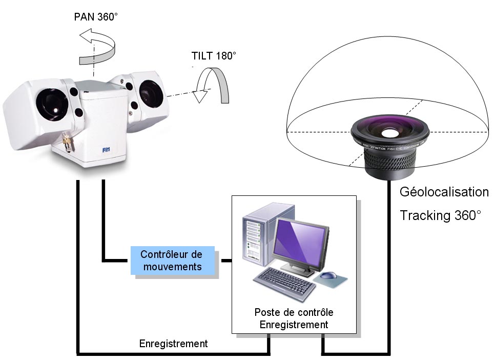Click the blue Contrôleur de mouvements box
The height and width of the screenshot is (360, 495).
coord(171,261)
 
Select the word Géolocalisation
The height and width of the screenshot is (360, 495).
coord(444,192)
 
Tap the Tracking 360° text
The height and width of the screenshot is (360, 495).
coord(440,215)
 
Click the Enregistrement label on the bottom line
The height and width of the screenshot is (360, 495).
coord(173,344)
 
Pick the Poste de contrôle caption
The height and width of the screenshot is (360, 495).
coord(294,312)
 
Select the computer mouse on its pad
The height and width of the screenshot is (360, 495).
coord(328,277)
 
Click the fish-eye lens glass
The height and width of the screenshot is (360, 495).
coord(389,133)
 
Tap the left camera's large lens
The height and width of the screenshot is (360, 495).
coord(51,101)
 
